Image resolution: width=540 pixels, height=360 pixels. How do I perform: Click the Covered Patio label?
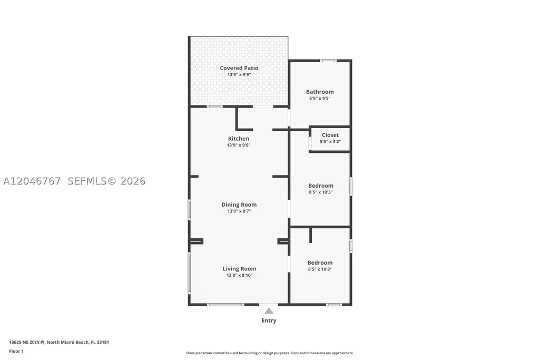239,68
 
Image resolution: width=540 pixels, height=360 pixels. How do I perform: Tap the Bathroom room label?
320,92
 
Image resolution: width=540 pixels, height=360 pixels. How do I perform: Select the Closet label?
330,135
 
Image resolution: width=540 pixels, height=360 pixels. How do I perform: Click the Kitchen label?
238,139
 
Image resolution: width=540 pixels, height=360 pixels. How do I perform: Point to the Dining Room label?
239,205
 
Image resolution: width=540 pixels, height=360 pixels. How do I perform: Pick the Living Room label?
239,269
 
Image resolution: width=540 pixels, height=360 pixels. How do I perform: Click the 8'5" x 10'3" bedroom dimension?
321,192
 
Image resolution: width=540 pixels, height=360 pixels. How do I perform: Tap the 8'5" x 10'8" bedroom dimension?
320,269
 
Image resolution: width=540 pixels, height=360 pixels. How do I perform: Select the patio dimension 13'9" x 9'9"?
239,74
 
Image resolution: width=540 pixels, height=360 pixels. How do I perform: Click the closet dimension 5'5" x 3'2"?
330,142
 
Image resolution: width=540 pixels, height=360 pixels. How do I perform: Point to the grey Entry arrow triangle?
269,311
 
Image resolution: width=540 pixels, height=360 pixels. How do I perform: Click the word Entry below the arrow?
269,320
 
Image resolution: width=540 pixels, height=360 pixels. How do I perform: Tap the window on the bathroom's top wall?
328,61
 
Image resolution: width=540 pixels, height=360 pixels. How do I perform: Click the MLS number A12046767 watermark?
32,181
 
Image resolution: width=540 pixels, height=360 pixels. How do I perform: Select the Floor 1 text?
16,352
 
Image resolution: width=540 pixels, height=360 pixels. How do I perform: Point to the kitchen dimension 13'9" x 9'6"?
238,145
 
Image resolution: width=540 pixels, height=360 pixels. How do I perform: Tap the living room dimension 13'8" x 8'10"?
239,275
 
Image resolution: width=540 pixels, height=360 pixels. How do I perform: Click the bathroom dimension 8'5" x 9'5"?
320,99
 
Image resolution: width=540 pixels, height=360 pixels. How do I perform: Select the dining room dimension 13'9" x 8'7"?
239,211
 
